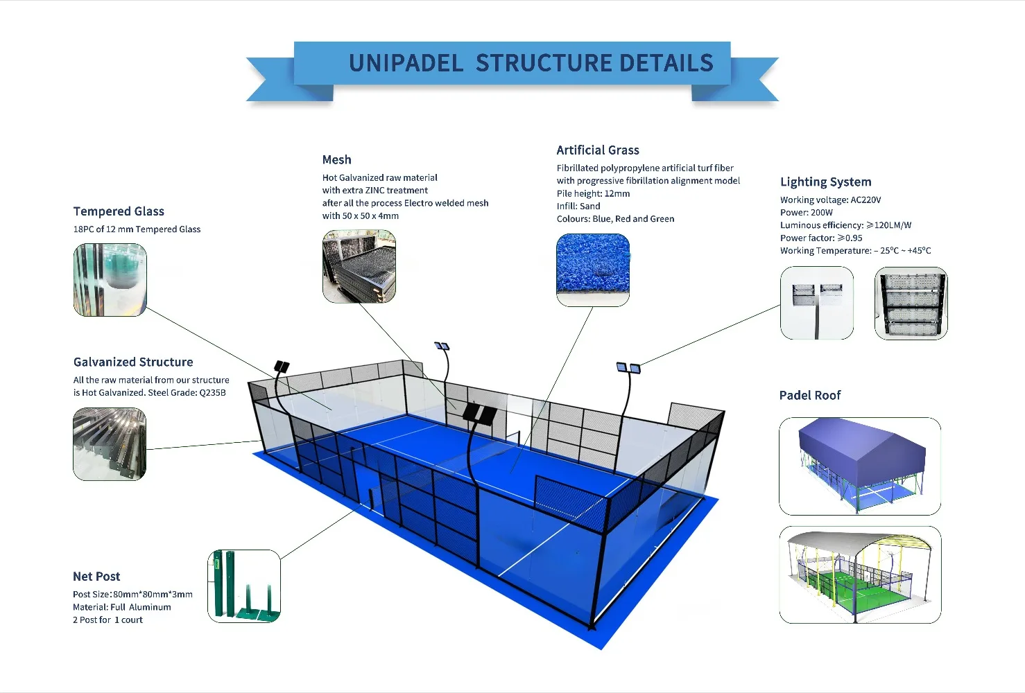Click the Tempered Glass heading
click(x=119, y=211)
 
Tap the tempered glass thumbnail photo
click(x=110, y=280)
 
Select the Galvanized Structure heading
click(x=133, y=362)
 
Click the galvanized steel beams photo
click(x=110, y=444)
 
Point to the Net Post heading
click(x=96, y=577)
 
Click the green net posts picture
click(x=244, y=586)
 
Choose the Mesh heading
click(x=336, y=160)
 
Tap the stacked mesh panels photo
click(x=359, y=267)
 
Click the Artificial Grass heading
click(x=598, y=150)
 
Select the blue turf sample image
click(x=593, y=270)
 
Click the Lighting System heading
click(x=825, y=182)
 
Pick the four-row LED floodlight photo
click(x=911, y=304)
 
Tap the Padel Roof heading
click(x=809, y=396)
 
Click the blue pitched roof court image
click(x=860, y=466)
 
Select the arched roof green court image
click(x=860, y=575)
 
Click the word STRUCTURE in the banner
click(x=540, y=64)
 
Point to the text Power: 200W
click(x=806, y=213)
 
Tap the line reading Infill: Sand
click(x=578, y=207)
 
